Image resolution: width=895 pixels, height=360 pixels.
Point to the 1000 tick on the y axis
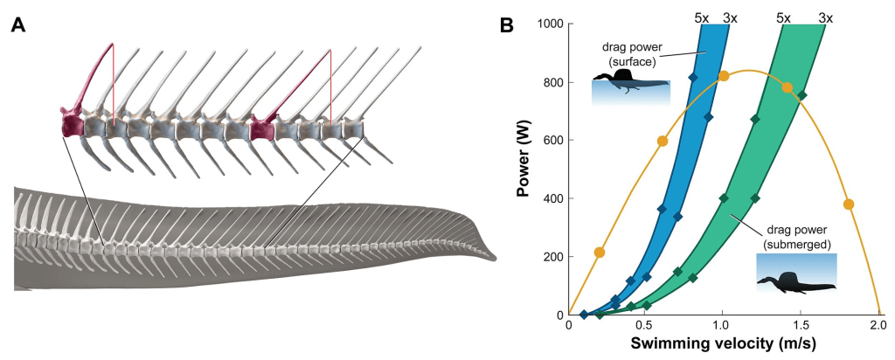[548, 24]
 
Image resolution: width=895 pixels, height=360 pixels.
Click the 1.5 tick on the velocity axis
[801, 324]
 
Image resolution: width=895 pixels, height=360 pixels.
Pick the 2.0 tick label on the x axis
[878, 324]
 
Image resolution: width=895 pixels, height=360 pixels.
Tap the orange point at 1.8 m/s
[848, 204]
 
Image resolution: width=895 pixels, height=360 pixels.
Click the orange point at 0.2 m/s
[600, 253]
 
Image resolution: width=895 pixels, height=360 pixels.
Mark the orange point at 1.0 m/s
[724, 76]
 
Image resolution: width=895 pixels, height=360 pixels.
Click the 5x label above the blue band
[704, 17]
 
